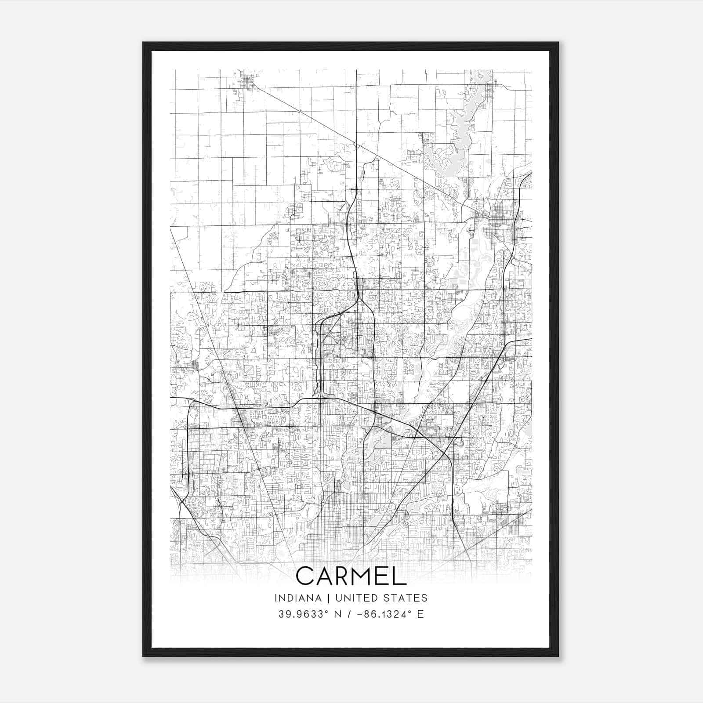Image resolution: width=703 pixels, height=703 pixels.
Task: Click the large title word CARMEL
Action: click(351, 576)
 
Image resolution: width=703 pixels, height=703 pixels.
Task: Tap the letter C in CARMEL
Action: click(306, 576)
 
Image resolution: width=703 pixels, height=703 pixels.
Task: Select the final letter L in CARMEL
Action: click(400, 576)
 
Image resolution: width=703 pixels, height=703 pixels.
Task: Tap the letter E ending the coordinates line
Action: click(420, 614)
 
